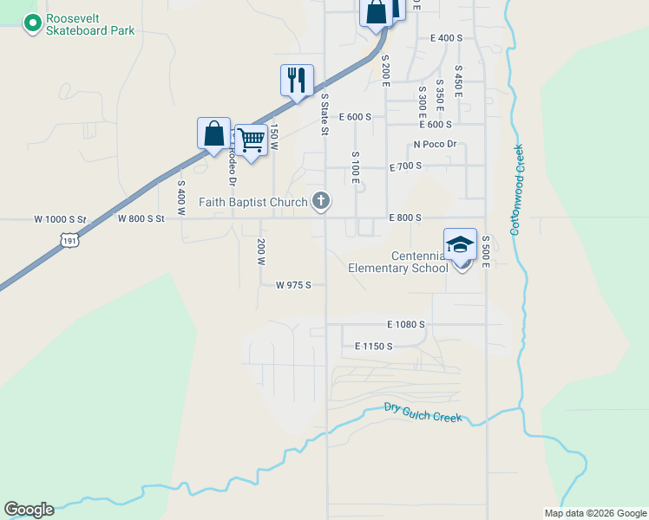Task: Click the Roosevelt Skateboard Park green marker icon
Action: pos(32,23)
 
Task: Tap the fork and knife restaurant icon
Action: pos(297,80)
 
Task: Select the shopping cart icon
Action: pos(251,139)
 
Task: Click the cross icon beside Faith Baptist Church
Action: pos(321,203)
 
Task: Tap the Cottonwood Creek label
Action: pos(517,189)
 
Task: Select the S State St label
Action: pos(325,114)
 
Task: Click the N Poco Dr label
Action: pos(435,144)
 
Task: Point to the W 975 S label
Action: pos(293,284)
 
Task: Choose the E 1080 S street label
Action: pos(406,324)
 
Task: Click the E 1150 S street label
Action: pos(374,346)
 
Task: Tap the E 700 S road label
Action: pos(405,166)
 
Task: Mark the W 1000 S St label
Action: pos(61,219)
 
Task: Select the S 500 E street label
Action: pos(487,250)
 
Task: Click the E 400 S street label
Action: pos(446,38)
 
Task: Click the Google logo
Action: pos(29,510)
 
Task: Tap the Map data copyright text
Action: pos(595,513)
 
